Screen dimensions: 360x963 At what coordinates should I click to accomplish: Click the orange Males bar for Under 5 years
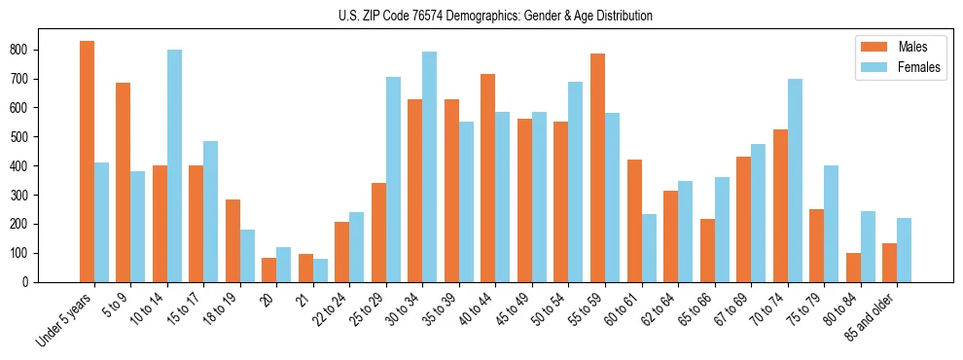tap(87, 162)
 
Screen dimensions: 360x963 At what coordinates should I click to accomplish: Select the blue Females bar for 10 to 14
tap(174, 165)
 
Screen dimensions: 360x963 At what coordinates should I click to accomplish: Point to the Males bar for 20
tap(269, 270)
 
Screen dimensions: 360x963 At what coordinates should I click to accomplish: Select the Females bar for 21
tap(320, 270)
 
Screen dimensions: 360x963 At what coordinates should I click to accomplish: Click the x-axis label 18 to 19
tap(222, 311)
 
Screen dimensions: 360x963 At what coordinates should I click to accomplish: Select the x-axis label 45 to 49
tap(514, 311)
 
